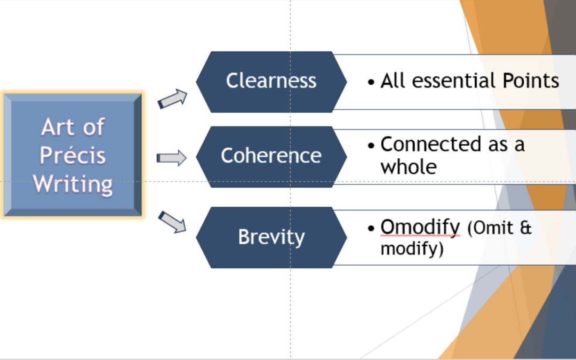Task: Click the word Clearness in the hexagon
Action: coord(271,81)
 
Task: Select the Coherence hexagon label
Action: coord(271,156)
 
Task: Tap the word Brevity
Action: coord(271,237)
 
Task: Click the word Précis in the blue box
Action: coord(73,156)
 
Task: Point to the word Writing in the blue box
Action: coord(73,185)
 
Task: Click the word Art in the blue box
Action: coord(58,127)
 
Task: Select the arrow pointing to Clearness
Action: coord(173,99)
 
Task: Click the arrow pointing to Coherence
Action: coord(172,158)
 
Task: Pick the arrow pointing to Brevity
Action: coord(173,221)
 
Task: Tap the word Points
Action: coord(531,81)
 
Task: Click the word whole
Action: coord(409,167)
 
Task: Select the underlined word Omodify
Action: coord(420,228)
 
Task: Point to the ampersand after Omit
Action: coord(525,228)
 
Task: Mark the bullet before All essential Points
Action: coord(371,82)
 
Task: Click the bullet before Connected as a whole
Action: coord(371,146)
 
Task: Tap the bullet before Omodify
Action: coord(371,229)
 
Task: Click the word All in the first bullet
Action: coord(394,81)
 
